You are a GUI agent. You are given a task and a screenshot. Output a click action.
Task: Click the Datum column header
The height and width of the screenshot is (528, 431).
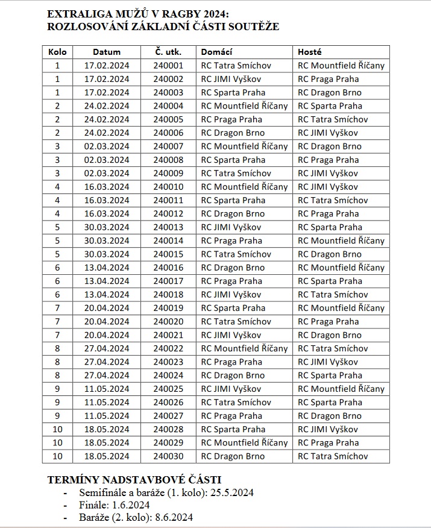[107, 52]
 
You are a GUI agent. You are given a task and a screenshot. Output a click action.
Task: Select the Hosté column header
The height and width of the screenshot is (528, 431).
[310, 52]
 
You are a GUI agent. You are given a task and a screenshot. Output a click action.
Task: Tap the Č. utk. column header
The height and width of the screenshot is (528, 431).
[168, 52]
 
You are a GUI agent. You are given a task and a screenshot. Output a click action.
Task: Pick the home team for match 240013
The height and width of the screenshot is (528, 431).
[231, 227]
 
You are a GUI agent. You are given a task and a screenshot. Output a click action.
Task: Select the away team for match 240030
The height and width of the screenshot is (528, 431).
[333, 456]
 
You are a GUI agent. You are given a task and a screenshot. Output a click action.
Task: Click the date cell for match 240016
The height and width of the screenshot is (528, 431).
[107, 268]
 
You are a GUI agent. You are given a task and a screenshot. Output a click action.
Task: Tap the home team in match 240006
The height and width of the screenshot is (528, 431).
[233, 133]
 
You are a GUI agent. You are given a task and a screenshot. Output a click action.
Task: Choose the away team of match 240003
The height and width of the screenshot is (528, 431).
[330, 93]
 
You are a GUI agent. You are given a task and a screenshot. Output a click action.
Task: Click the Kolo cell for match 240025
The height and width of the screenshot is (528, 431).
[58, 389]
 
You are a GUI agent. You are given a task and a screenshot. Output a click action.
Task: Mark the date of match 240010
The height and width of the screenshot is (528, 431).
[107, 187]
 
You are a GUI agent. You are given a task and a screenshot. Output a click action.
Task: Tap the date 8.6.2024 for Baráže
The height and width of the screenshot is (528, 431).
[172, 517]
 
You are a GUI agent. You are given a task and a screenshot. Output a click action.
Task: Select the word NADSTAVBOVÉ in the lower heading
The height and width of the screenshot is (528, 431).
[137, 480]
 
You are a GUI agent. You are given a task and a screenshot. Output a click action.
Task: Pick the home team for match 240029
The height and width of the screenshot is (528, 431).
[244, 443]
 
